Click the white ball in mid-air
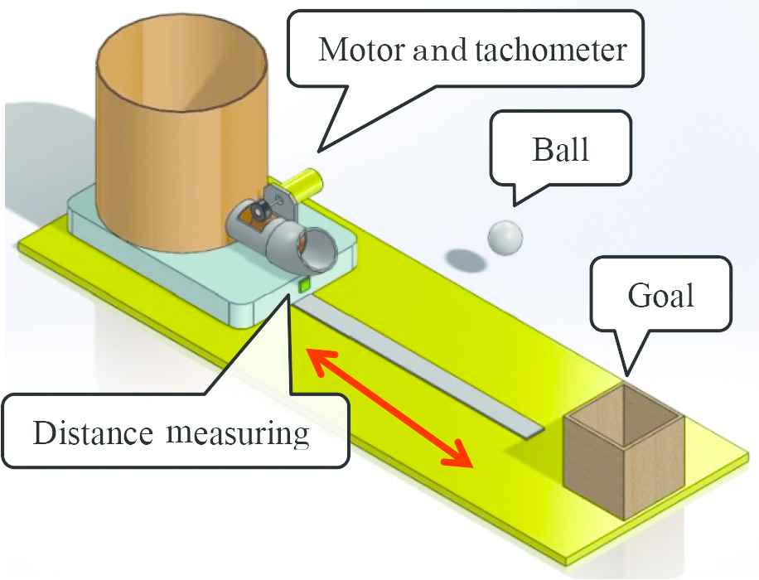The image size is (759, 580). tap(505, 237)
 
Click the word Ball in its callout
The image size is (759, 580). tap(562, 150)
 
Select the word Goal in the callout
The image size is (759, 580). tap(660, 295)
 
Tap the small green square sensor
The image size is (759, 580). tap(304, 283)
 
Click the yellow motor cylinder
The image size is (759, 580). tap(304, 178)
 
